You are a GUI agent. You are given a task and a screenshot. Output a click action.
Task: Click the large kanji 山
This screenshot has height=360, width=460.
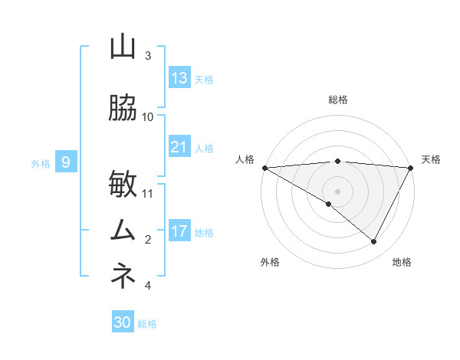(123, 47)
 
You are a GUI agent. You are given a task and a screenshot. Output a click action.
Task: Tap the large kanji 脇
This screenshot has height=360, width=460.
(123, 108)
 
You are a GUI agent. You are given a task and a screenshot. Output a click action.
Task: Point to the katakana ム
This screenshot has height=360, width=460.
(123, 231)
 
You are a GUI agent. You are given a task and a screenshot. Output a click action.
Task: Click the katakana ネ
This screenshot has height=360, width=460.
(123, 277)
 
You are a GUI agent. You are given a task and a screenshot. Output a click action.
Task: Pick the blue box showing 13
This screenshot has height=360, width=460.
(179, 78)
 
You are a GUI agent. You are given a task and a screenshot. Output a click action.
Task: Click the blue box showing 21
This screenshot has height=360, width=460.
(179, 147)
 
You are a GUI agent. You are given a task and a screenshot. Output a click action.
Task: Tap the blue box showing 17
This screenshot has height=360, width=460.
(179, 231)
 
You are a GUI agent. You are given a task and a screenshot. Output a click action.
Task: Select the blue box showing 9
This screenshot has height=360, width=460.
(66, 162)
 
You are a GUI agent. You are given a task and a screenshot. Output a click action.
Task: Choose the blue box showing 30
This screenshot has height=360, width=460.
(123, 322)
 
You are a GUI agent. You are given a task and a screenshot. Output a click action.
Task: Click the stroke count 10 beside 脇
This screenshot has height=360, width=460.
(148, 116)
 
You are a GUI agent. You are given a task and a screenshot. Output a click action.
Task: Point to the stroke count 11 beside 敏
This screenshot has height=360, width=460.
(148, 193)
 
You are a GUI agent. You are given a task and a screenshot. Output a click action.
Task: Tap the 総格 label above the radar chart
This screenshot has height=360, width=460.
(338, 100)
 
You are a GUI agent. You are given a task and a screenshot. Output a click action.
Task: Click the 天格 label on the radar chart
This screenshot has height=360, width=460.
(431, 159)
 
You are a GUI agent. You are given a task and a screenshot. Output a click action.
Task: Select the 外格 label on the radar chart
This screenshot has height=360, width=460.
(269, 262)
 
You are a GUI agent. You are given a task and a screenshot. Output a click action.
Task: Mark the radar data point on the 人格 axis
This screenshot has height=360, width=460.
(264, 168)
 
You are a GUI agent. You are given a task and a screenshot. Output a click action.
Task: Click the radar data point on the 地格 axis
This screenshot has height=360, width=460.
(374, 241)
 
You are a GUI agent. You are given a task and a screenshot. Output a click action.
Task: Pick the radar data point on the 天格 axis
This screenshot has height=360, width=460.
(411, 168)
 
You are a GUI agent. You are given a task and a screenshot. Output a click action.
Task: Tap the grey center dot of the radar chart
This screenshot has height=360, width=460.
(338, 191)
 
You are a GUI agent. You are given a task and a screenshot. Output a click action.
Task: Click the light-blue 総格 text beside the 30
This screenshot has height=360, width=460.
(147, 324)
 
